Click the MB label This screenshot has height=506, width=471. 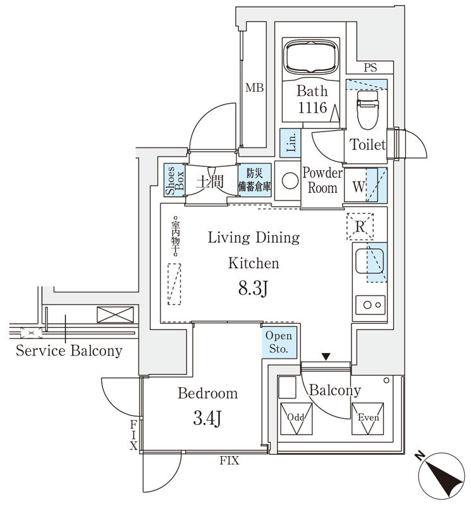click(x=254, y=88)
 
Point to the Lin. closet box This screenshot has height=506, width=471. click(x=291, y=142)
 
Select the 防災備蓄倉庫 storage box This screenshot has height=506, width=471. click(x=255, y=181)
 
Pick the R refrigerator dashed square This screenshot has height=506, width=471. click(x=360, y=226)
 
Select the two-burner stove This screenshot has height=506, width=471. click(x=370, y=305)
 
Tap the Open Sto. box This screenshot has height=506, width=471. click(x=279, y=343)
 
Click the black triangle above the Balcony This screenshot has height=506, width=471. click(x=326, y=357)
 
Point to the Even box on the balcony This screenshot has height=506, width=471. click(x=367, y=418)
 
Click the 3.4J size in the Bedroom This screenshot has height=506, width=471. click(x=207, y=418)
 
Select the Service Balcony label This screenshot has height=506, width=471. click(x=70, y=351)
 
